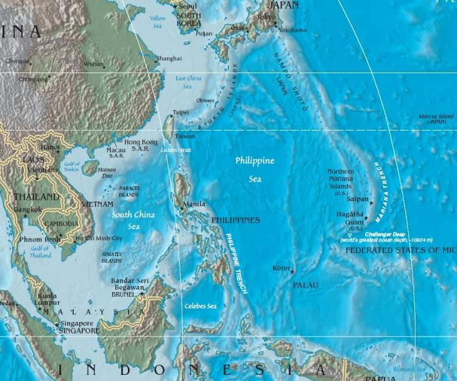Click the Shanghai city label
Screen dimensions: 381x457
(x=169, y=59)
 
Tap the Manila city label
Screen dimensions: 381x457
(x=194, y=204)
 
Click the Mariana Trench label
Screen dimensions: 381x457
(x=385, y=192)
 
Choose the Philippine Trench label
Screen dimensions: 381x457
(x=236, y=264)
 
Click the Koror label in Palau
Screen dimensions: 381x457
(x=281, y=268)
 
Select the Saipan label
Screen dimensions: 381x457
(x=358, y=199)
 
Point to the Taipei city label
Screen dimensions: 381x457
(x=180, y=113)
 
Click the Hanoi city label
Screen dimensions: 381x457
(x=50, y=147)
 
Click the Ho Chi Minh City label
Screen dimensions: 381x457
(x=99, y=238)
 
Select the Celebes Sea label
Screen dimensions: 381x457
(x=201, y=306)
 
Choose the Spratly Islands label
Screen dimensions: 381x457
(x=112, y=257)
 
